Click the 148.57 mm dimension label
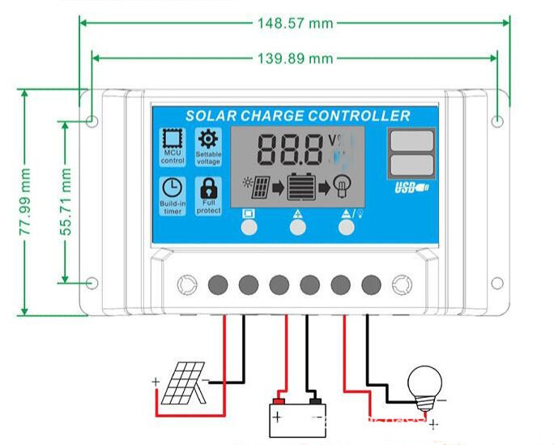(295, 23)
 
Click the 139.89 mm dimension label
(295, 58)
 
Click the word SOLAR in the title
(211, 116)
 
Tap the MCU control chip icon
(173, 139)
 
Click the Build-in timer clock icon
(173, 188)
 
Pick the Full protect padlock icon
(208, 187)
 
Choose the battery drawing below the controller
(296, 418)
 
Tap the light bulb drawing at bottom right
(426, 383)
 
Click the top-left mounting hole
(92, 122)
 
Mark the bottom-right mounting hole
(497, 283)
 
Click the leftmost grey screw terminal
(218, 285)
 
